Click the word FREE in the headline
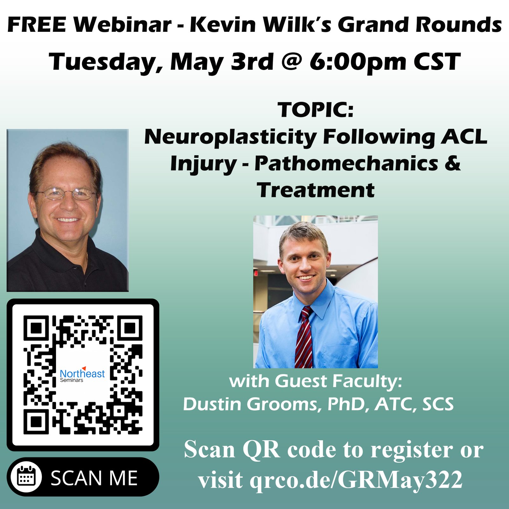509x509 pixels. [37, 25]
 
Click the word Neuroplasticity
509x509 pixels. [230, 137]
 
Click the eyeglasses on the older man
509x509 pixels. [66, 193]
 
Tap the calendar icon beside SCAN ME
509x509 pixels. [26, 477]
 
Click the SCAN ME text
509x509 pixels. [94, 478]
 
